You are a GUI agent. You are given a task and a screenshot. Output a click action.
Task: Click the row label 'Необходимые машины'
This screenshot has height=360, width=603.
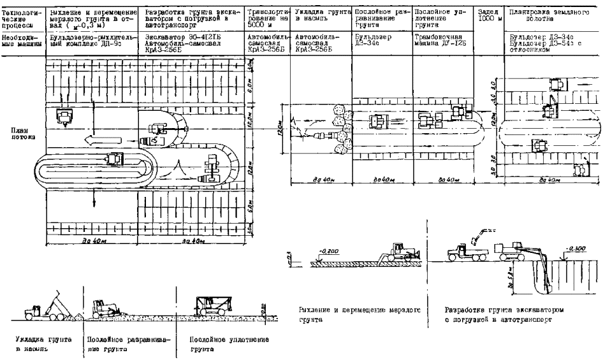pyautogui.click(x=21, y=42)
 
